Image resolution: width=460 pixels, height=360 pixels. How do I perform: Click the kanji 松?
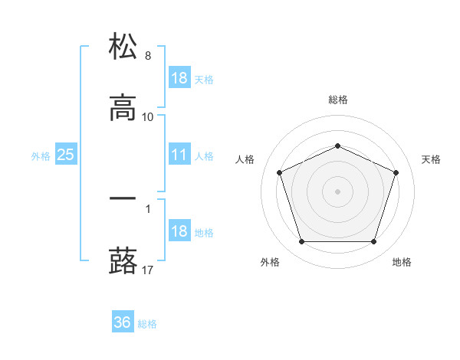(123, 47)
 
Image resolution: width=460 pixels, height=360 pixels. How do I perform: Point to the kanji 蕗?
(123, 260)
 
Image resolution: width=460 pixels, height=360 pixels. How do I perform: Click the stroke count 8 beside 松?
(147, 56)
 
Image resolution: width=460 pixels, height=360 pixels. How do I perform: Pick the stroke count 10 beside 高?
(148, 117)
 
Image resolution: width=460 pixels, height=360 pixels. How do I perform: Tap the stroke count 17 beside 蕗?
(148, 270)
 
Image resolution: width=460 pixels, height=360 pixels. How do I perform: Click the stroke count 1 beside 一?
(147, 208)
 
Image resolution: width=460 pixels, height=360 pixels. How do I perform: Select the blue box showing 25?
(66, 155)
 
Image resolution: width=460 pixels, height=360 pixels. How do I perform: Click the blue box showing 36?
(123, 322)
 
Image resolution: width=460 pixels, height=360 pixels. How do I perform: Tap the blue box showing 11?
(179, 155)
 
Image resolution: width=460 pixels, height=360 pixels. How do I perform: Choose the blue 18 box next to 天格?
(179, 78)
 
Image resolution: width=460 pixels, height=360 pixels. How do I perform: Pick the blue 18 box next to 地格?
(179, 231)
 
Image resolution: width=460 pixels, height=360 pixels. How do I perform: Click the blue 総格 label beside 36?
(147, 324)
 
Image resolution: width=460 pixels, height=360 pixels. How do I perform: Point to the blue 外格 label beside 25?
(41, 156)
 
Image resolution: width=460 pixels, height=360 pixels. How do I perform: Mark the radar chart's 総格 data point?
(337, 146)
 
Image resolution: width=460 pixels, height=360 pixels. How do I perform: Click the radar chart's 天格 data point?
(396, 172)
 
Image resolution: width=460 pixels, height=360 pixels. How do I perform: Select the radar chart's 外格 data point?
(301, 242)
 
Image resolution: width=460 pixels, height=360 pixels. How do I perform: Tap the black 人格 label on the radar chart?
(245, 159)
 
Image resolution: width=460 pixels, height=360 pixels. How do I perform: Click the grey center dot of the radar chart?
(337, 191)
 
